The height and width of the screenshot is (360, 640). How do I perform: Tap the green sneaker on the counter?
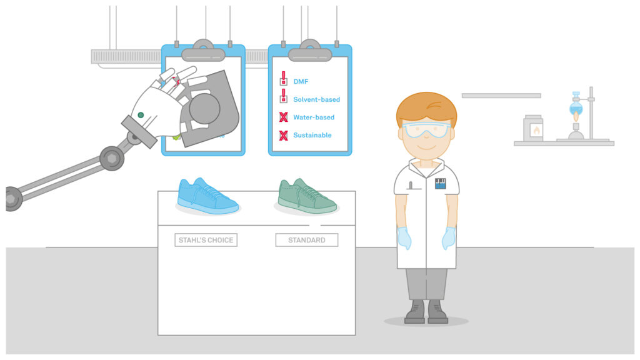point(307,197)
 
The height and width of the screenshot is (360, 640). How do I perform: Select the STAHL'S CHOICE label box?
point(206,240)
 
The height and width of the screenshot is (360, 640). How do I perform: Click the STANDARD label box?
point(306,240)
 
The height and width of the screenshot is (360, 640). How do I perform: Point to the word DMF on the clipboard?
point(301,82)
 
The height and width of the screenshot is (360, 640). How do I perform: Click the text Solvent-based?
point(316,99)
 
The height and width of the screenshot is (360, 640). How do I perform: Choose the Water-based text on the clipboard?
point(314,117)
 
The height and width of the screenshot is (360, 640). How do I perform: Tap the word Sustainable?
point(312,135)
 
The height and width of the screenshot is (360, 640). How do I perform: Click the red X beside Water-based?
point(283,117)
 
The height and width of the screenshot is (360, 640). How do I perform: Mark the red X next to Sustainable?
point(283,135)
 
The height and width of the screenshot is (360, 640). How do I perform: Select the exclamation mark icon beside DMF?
point(283,78)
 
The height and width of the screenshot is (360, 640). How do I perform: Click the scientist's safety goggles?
point(426,130)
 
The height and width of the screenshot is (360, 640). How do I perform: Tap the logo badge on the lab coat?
point(440,184)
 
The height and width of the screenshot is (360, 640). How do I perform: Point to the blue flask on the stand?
point(576,107)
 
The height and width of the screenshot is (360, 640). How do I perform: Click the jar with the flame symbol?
point(533,128)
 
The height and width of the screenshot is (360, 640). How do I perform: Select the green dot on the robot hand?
point(141,115)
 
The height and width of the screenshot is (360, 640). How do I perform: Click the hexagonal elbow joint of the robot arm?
point(112,158)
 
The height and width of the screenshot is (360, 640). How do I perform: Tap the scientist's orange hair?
point(426,108)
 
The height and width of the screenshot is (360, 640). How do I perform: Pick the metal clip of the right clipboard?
point(310,51)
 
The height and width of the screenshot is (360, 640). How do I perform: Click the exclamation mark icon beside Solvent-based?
point(283,96)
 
